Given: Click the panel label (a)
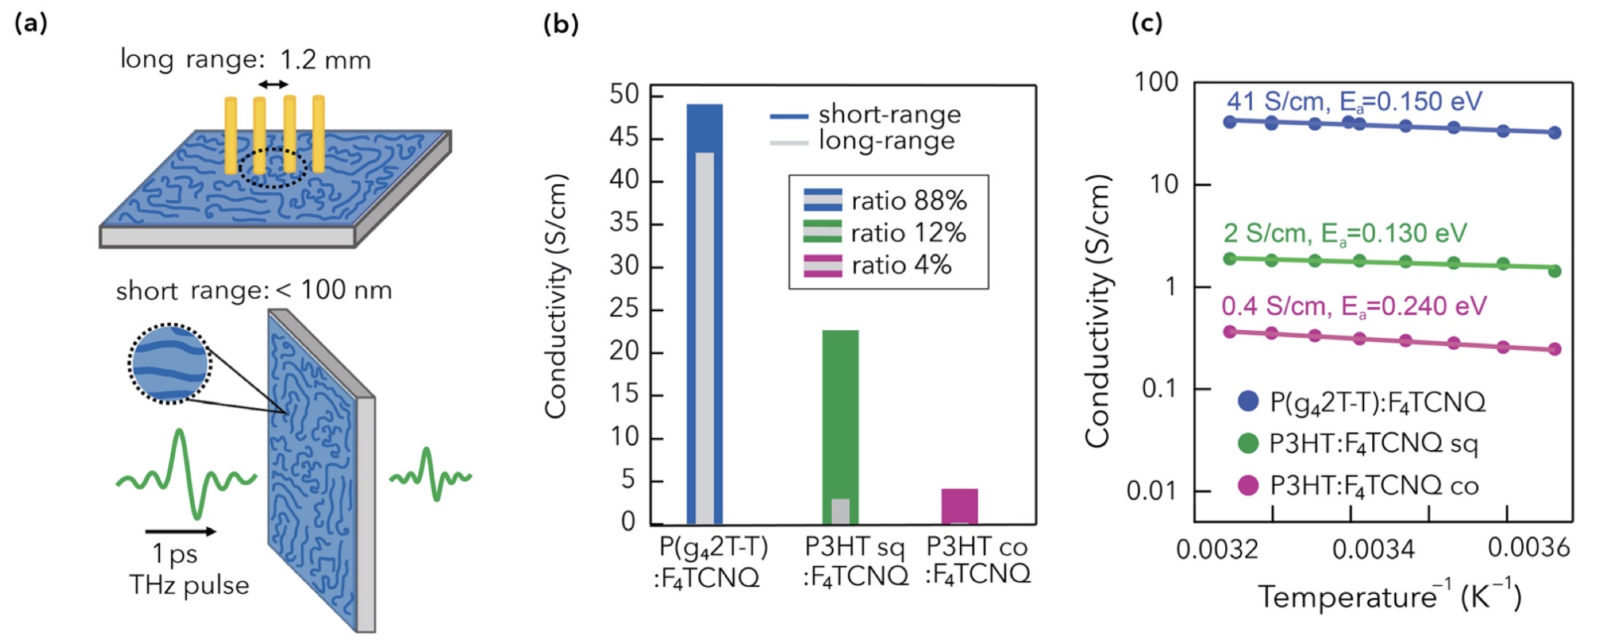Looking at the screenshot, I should tap(31, 23).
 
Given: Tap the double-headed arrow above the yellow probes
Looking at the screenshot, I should tap(273, 85).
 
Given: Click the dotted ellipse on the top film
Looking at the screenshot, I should tap(273, 169).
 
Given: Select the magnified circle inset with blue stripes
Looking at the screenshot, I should tap(169, 363).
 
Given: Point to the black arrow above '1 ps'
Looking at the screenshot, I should tap(180, 532).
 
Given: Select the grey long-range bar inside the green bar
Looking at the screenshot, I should tap(840, 511).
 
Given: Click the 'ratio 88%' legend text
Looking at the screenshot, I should tap(909, 201).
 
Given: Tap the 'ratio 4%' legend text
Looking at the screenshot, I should tap(902, 265).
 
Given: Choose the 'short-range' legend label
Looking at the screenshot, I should tap(889, 114).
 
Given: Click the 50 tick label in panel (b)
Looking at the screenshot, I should tap(624, 95).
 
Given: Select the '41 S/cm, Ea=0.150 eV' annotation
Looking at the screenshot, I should tap(1354, 102).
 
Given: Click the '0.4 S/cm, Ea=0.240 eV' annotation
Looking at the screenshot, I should tap(1354, 306).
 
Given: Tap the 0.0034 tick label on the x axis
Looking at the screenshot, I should tap(1373, 548).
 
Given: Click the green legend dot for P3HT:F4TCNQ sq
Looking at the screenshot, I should tap(1248, 443).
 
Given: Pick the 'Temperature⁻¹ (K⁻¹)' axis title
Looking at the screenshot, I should tap(1390, 596).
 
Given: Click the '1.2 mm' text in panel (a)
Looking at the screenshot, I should tap(325, 60).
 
